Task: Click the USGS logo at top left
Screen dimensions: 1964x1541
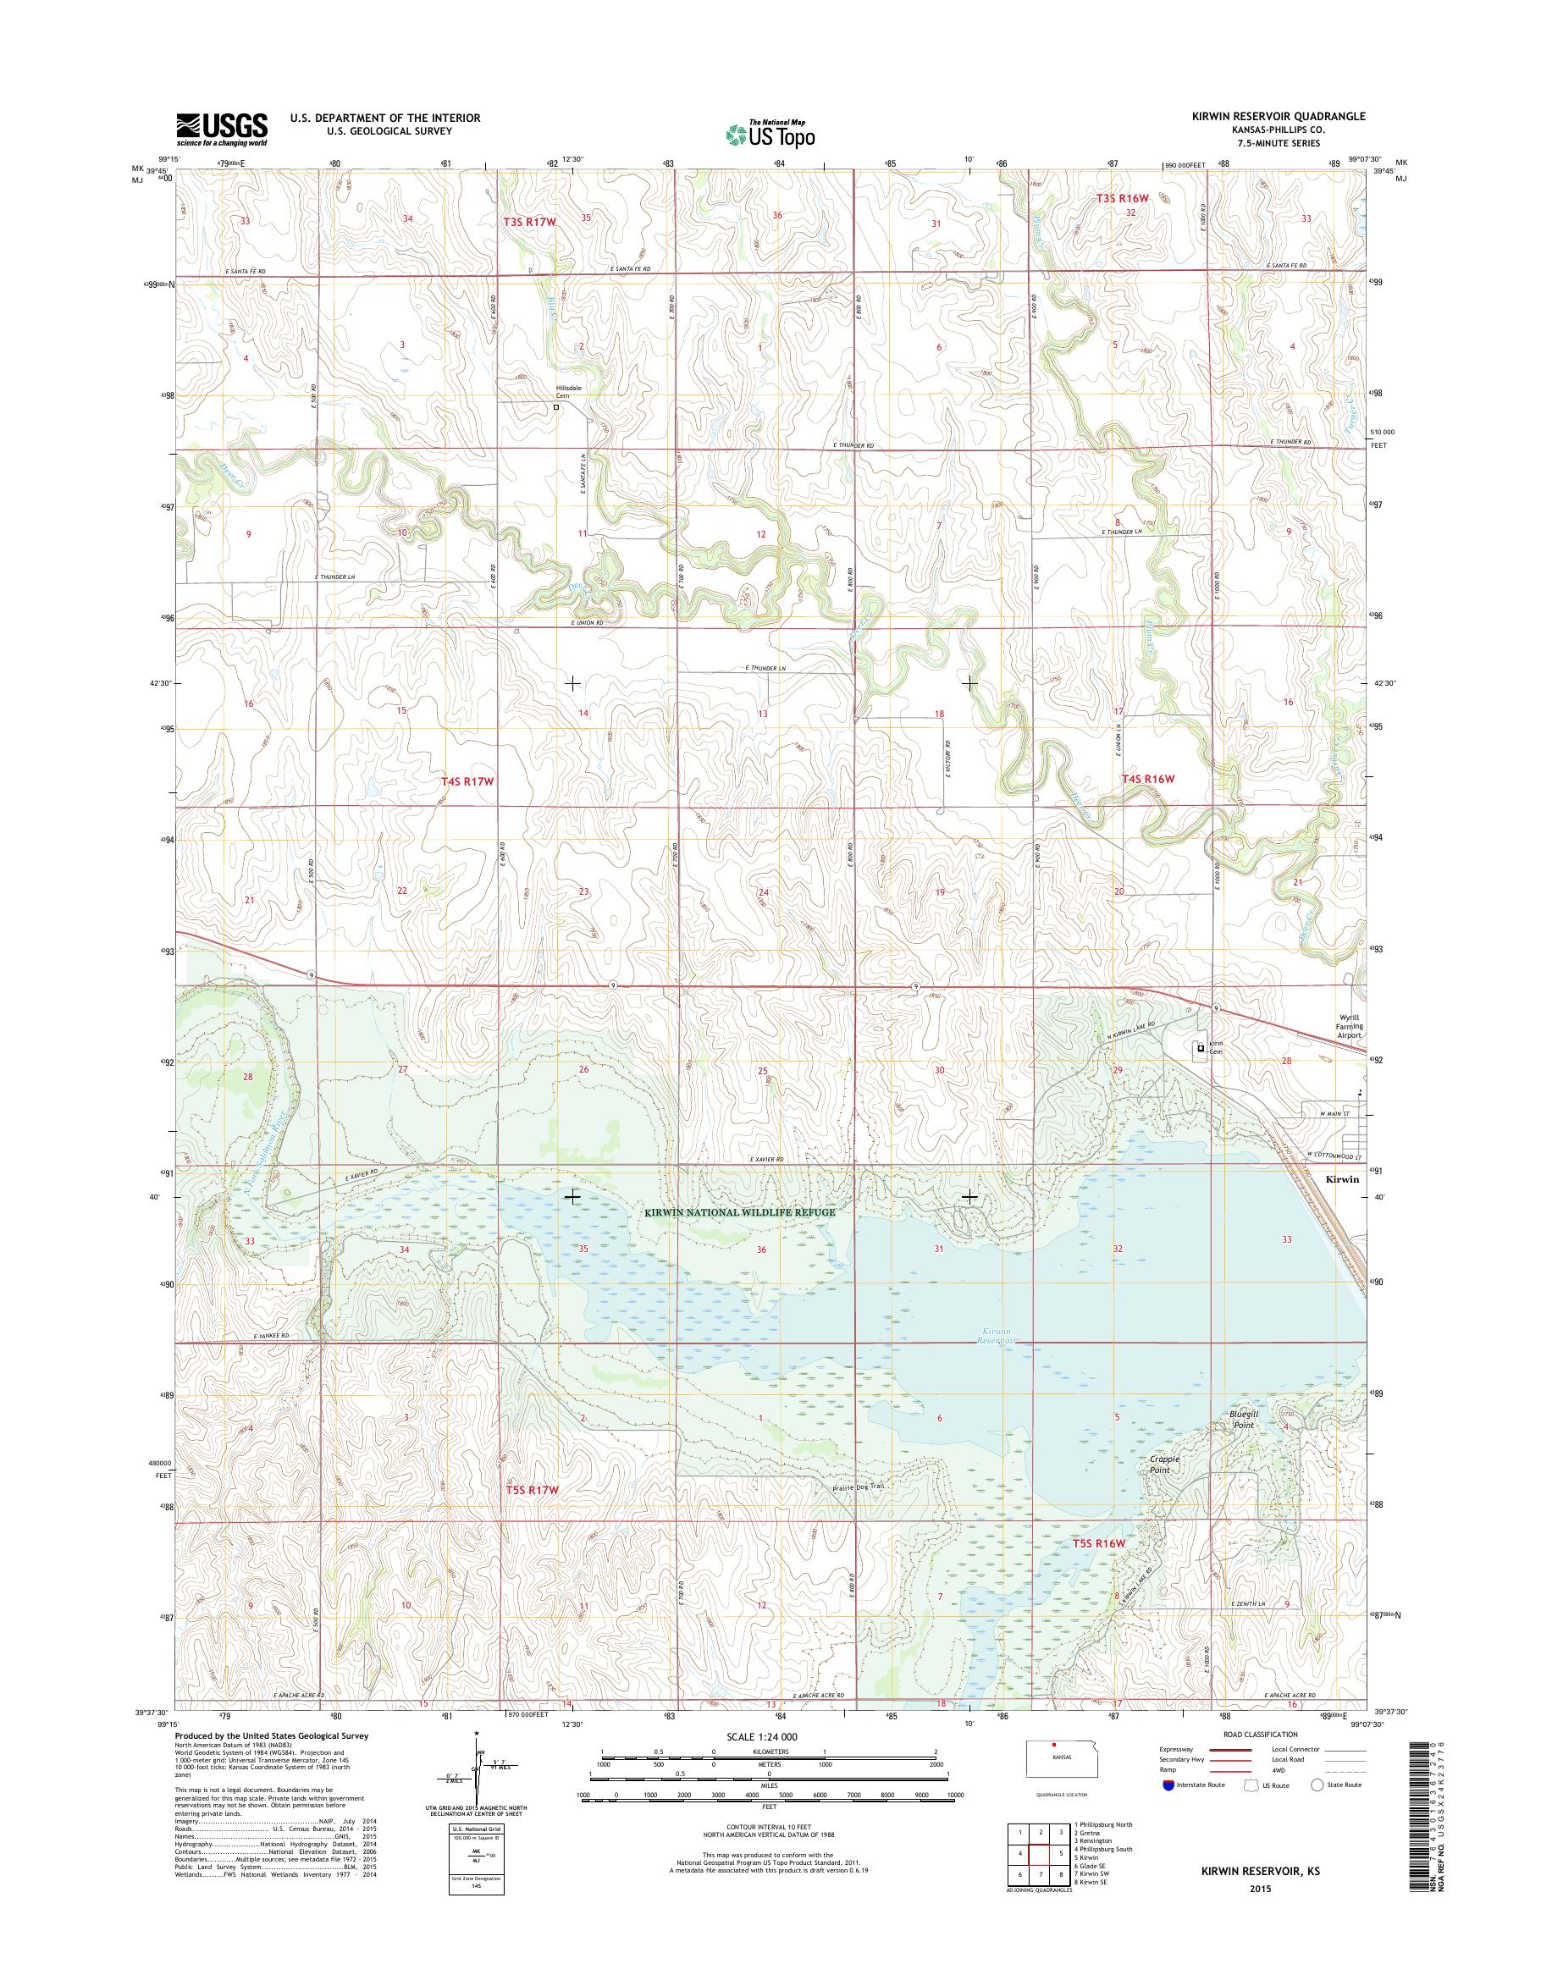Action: (222, 129)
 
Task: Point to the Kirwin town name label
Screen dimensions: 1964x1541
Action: (1342, 1179)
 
